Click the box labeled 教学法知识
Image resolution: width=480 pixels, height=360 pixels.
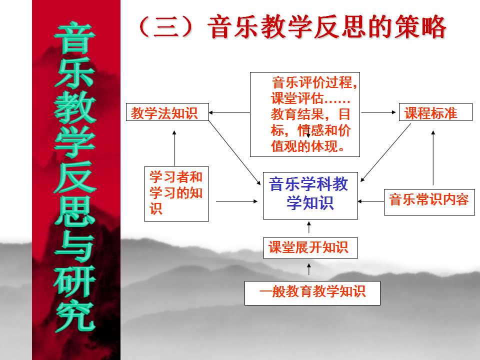(167, 112)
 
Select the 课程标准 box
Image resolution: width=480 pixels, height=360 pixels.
(435, 112)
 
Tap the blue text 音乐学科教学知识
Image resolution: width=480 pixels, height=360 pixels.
(309, 193)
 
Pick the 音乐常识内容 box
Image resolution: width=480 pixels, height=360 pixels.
(429, 202)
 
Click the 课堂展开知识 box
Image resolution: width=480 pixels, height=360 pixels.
(310, 247)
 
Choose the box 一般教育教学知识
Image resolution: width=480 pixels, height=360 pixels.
(312, 293)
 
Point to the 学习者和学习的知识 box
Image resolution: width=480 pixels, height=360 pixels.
(176, 194)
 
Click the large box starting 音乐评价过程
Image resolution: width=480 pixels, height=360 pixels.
(305, 114)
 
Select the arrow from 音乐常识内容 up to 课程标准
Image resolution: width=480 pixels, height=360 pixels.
(433, 158)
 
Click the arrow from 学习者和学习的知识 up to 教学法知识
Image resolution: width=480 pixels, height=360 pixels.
(174, 148)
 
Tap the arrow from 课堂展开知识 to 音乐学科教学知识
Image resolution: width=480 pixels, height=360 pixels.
(309, 227)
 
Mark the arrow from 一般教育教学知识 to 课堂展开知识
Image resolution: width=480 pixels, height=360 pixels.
(309, 269)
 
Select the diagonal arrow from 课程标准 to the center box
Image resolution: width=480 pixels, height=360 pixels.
(385, 152)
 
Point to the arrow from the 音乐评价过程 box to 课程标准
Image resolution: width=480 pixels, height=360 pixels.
(378, 112)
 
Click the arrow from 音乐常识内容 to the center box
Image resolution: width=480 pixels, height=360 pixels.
(371, 201)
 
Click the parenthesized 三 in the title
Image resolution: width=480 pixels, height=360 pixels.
(166, 27)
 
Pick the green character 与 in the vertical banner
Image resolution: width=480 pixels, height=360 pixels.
(74, 246)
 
